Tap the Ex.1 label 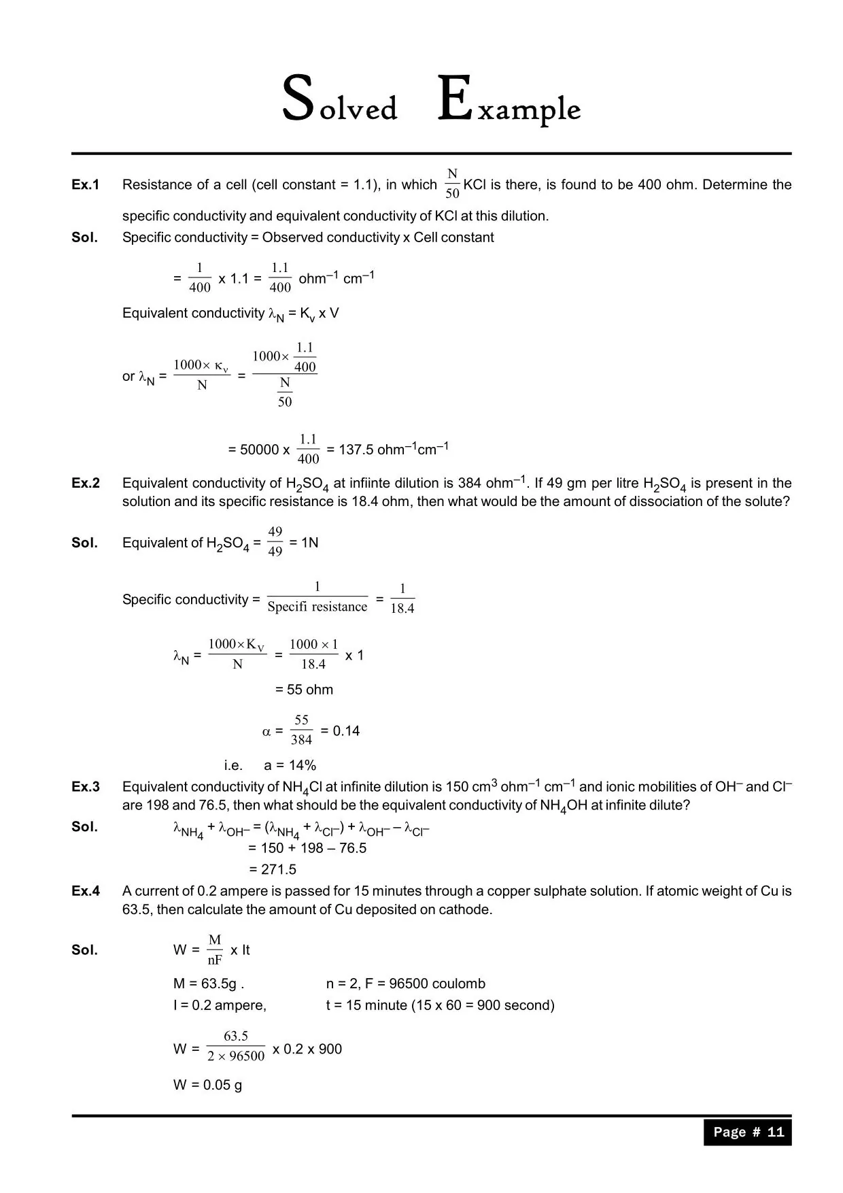pos(86,185)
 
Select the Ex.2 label pos(86,484)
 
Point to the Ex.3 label pos(86,787)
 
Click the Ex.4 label pos(86,891)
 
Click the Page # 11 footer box pos(747,1132)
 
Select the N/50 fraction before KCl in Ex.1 pos(452,184)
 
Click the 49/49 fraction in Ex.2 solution pos(275,541)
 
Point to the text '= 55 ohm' pos(304,690)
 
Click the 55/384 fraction pos(301,730)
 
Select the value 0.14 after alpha pos(346,731)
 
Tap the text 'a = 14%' pos(290,765)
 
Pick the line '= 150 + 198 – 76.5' pos(307,848)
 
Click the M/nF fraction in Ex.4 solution pos(215,950)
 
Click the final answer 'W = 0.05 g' pos(207,1085)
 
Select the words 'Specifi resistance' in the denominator pos(317,607)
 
